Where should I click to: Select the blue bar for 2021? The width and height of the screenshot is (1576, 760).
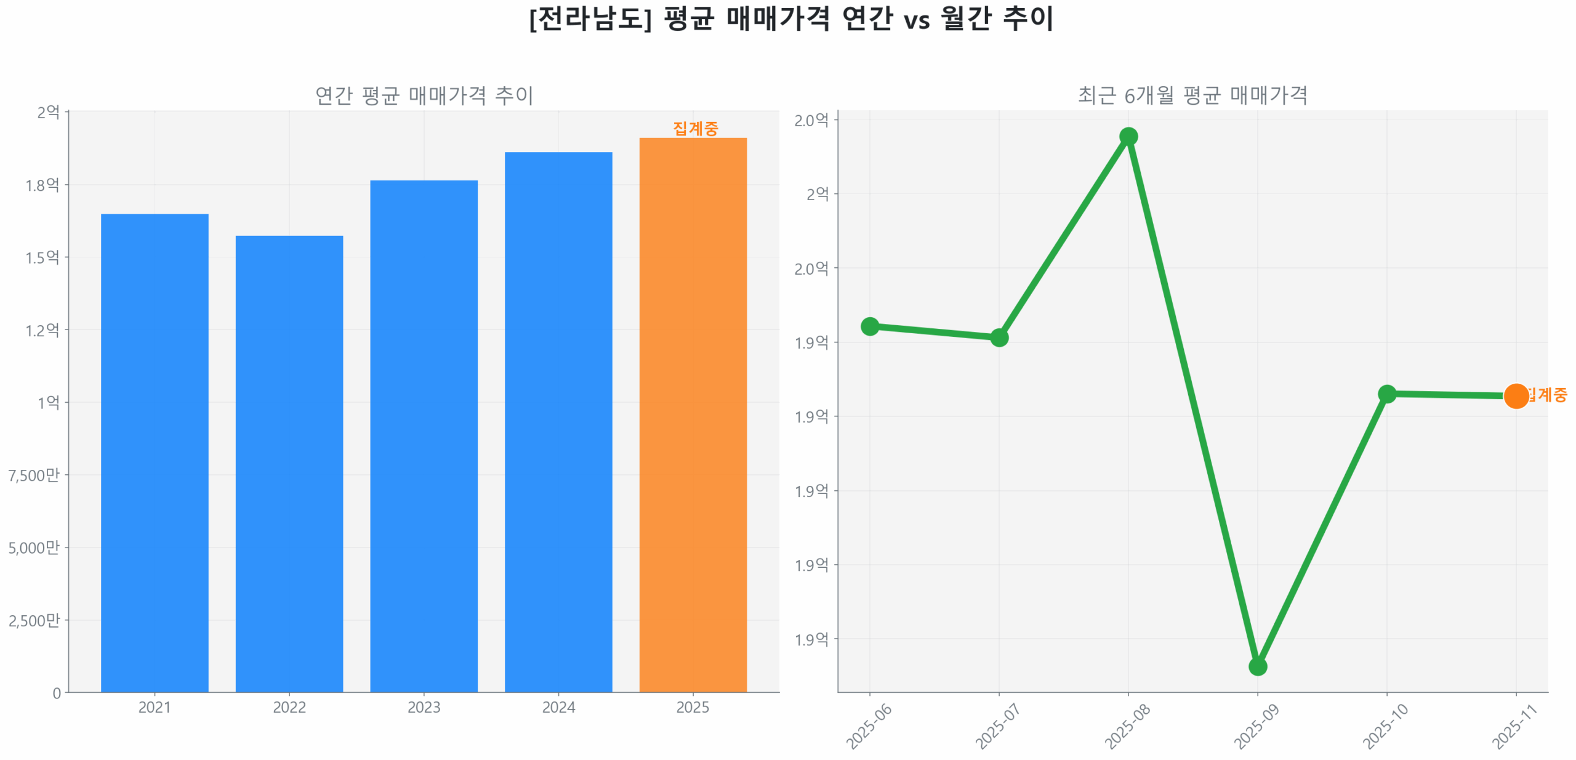click(x=155, y=453)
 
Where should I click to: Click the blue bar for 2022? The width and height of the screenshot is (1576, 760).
click(x=289, y=463)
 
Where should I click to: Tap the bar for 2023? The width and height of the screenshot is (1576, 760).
click(x=424, y=435)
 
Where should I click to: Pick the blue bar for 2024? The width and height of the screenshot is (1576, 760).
click(x=558, y=422)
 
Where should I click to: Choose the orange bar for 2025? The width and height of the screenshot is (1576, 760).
click(x=693, y=414)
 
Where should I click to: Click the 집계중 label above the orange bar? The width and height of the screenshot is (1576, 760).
click(x=695, y=128)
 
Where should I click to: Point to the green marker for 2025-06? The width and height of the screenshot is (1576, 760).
click(x=870, y=326)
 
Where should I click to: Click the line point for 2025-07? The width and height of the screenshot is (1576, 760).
click(x=999, y=338)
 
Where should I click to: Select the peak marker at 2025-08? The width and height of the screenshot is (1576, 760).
click(x=1128, y=136)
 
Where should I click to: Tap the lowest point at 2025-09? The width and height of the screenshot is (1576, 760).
click(x=1258, y=666)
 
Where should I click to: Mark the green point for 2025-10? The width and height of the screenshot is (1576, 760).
click(x=1387, y=394)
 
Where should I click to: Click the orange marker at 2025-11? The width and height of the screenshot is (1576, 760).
click(x=1516, y=396)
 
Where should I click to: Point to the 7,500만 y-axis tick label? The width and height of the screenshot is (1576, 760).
click(x=34, y=475)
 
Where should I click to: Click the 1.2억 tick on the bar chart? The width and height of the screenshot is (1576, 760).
click(x=42, y=330)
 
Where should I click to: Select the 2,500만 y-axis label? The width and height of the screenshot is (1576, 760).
click(x=34, y=620)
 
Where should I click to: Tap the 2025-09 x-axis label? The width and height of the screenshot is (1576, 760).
click(x=1256, y=727)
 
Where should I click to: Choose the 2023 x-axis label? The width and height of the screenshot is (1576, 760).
click(x=424, y=707)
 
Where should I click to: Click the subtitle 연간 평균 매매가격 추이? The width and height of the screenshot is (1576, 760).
click(x=424, y=95)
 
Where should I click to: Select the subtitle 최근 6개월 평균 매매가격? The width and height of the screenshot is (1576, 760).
click(x=1192, y=95)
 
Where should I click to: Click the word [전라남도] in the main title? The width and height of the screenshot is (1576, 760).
click(x=590, y=18)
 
